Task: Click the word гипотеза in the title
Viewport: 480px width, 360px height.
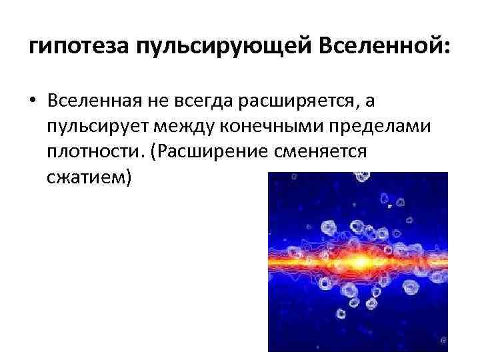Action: [x=79, y=48]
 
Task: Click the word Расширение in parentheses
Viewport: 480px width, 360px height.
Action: [x=209, y=152]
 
